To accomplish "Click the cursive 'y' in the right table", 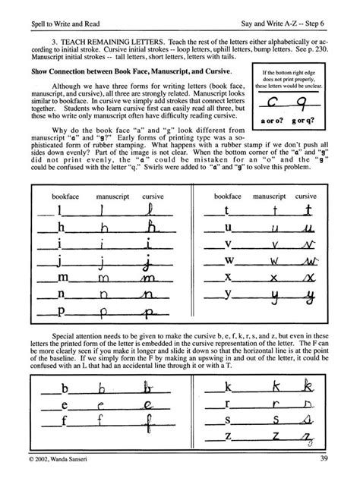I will click(308, 294).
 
